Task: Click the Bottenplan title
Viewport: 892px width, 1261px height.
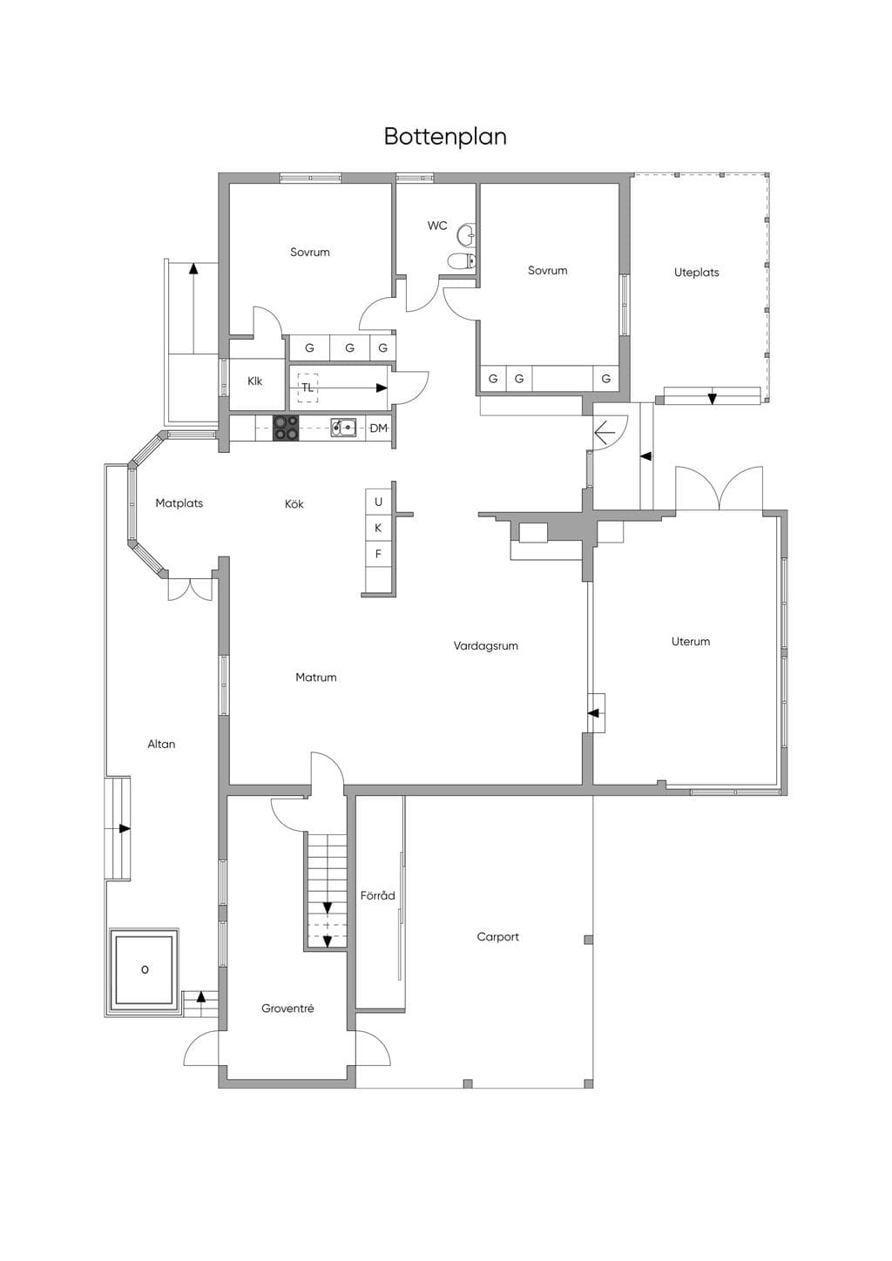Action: click(x=445, y=137)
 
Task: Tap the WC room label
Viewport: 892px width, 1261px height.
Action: click(x=437, y=226)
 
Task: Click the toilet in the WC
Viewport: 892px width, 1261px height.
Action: click(x=462, y=260)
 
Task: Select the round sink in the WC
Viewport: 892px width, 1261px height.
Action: click(x=466, y=235)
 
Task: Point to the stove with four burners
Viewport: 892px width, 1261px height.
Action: click(x=286, y=428)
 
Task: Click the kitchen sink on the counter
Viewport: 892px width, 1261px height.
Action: click(x=343, y=428)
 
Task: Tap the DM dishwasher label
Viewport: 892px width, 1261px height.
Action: click(x=378, y=428)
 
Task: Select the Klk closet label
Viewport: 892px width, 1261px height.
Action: click(x=254, y=381)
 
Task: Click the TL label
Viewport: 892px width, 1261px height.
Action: click(x=307, y=388)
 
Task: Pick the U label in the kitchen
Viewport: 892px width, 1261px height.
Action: click(x=378, y=502)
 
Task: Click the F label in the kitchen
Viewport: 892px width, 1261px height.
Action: click(x=378, y=554)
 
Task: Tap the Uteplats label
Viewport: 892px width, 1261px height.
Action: click(x=697, y=273)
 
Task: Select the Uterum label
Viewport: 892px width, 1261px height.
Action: click(x=691, y=641)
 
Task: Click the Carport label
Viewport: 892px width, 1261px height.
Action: click(x=497, y=937)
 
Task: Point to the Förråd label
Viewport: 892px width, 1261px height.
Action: click(x=378, y=895)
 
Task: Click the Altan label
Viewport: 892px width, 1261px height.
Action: click(x=162, y=745)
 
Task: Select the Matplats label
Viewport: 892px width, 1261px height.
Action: click(x=179, y=503)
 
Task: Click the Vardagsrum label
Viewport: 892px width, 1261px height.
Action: click(x=486, y=646)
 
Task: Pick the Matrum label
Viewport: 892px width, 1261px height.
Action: click(x=316, y=678)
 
